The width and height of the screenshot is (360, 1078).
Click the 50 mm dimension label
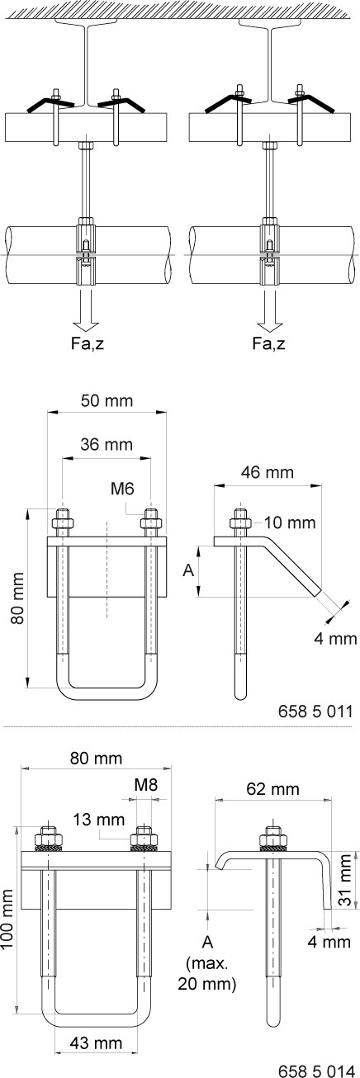pos(107,400)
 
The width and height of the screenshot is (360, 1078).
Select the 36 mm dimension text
pos(107,443)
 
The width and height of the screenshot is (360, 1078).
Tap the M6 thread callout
pos(122,489)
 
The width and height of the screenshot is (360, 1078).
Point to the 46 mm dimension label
pos(268,472)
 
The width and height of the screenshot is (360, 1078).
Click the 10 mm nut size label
pos(289,522)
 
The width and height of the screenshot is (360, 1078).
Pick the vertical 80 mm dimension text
pos(18,598)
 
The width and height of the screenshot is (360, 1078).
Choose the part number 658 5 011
pos(315,711)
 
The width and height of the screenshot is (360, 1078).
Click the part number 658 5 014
pos(315,1070)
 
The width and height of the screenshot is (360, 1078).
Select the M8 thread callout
pos(146,784)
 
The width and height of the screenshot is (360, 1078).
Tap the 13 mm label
pos(98,819)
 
